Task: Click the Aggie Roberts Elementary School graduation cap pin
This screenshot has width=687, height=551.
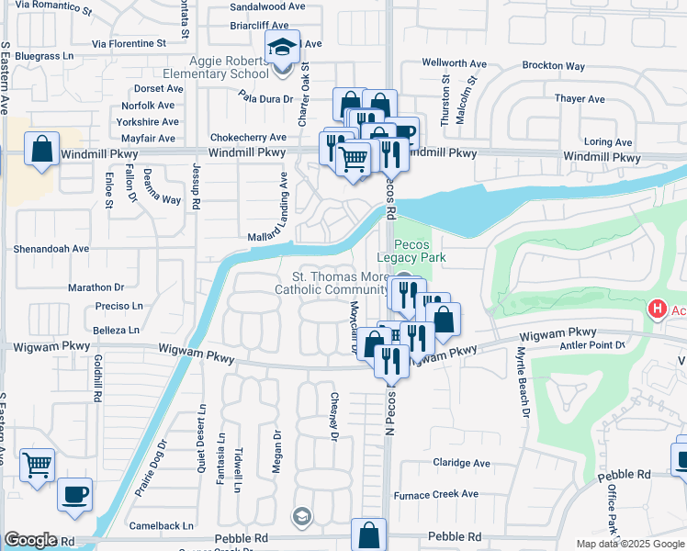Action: click(x=283, y=47)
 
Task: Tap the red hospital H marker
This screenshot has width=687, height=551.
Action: click(x=657, y=310)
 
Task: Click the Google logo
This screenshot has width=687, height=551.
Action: click(x=31, y=540)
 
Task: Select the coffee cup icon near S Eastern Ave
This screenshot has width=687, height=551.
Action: click(x=75, y=494)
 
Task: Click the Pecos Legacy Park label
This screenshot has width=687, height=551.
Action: click(x=420, y=252)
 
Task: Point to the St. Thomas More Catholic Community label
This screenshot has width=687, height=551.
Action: click(x=334, y=283)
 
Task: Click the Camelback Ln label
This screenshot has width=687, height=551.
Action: click(x=161, y=526)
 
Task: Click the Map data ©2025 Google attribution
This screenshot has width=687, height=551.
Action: click(x=629, y=545)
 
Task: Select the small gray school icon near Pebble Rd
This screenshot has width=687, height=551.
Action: click(x=300, y=518)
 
